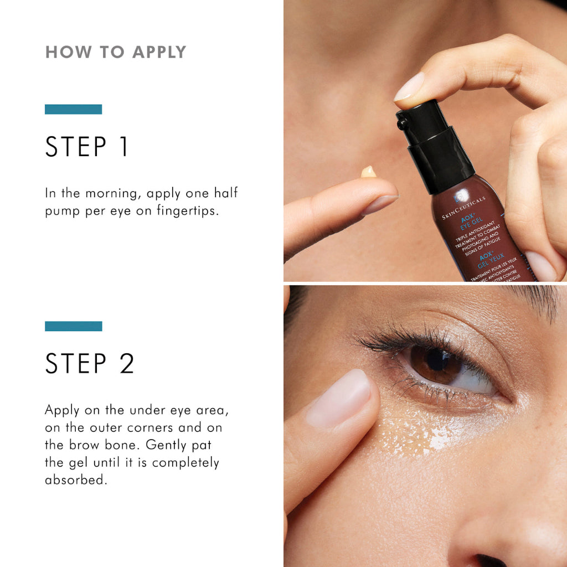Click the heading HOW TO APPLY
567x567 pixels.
[x=116, y=52]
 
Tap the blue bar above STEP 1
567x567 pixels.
[x=73, y=109]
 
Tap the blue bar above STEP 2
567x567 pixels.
[x=73, y=326]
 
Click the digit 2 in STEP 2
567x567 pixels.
[x=127, y=364]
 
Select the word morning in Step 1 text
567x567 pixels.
[x=110, y=193]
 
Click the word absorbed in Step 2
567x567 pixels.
[x=75, y=480]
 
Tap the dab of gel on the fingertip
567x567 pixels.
[x=368, y=172]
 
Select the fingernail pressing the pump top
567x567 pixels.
[x=409, y=87]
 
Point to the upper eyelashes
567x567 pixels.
[x=399, y=338]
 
